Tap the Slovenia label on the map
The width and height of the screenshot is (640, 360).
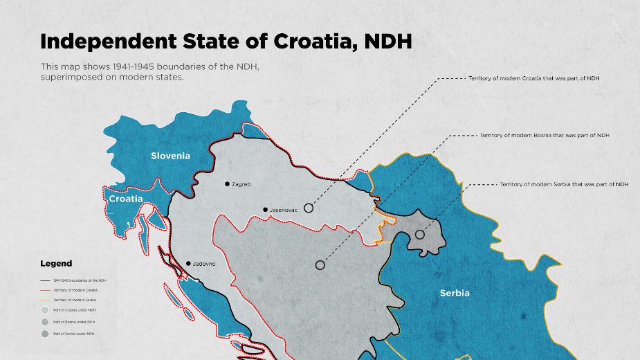coord(170,156)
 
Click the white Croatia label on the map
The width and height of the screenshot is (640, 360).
coord(126,199)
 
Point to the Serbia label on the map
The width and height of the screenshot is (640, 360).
coord(455,293)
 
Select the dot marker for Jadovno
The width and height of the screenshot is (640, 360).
coord(188,264)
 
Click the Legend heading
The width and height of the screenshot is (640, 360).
coord(56,264)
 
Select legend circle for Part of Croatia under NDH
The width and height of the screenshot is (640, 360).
coord(46,310)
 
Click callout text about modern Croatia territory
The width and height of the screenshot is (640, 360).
coord(533,78)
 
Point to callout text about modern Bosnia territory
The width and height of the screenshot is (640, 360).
coord(544,136)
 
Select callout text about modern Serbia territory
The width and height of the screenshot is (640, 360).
coord(564,185)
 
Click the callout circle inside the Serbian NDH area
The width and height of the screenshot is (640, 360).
coord(419,235)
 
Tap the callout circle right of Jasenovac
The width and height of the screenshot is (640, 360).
coord(309,208)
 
